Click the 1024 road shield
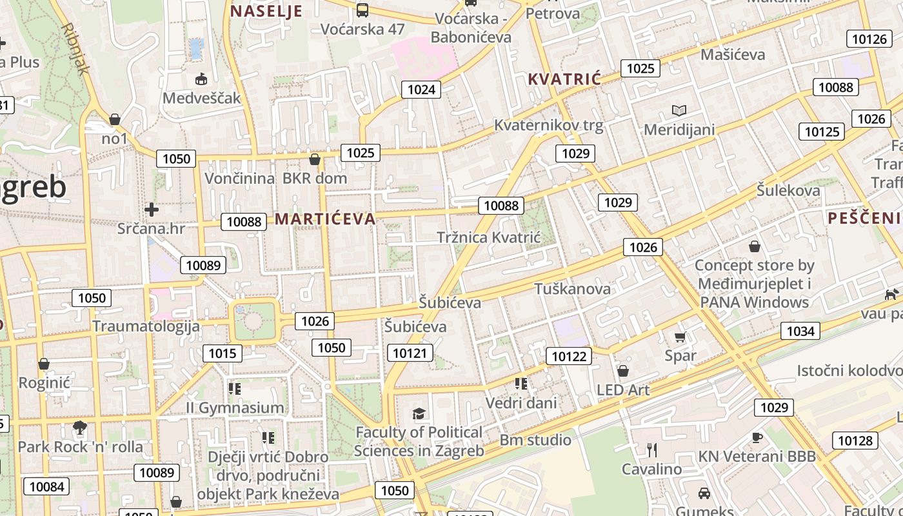pos(421,89)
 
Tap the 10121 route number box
pos(410,352)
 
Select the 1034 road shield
pos(800,331)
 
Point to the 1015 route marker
pos(223,353)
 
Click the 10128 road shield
pos(855,441)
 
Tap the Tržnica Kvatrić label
pos(488,237)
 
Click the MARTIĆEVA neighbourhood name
pos(325,219)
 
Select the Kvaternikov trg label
pos(549,125)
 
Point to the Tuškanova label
pos(572,288)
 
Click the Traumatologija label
pos(146,326)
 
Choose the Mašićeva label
pos(733,54)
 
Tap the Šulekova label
pos(788,190)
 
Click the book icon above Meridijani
pos(679,110)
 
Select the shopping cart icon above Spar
pos(680,337)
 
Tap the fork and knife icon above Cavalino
pos(651,450)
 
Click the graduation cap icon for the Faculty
pos(419,413)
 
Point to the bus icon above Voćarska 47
pos(362,10)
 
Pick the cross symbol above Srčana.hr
pos(152,210)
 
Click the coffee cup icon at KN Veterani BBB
pos(757,437)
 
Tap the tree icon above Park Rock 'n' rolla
pos(80,427)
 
